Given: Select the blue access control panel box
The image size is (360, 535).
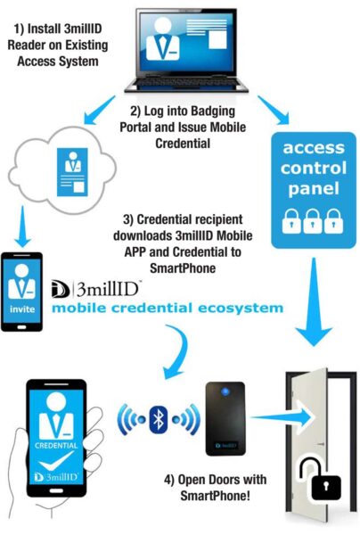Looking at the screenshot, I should [x=311, y=187].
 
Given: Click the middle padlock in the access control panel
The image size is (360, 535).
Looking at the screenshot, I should [x=311, y=219].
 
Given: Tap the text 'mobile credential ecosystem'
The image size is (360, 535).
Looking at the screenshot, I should [x=168, y=309].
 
